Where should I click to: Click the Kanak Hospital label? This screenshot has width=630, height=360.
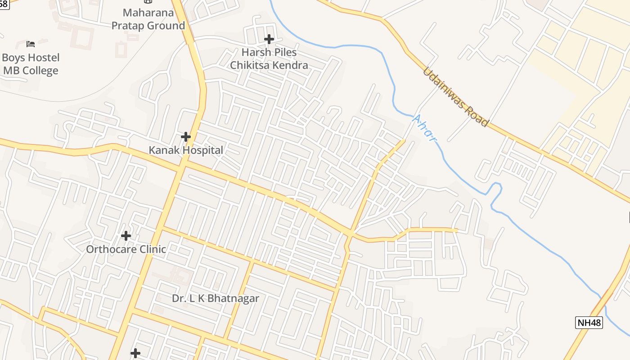186,150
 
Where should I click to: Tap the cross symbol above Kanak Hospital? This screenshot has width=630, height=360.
185,136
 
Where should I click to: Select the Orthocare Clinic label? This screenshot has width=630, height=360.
126,249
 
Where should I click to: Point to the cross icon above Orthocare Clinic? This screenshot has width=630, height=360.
126,235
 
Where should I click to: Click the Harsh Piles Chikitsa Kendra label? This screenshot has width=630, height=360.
269,58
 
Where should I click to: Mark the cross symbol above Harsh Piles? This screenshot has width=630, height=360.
269,39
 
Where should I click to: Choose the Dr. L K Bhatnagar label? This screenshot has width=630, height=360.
216,298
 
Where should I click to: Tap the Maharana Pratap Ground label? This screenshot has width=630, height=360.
148,19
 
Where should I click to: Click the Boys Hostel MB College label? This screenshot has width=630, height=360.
31,64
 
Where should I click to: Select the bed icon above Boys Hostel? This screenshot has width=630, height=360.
31,44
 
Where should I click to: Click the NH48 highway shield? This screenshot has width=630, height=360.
589,322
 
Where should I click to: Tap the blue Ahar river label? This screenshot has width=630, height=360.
425,128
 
